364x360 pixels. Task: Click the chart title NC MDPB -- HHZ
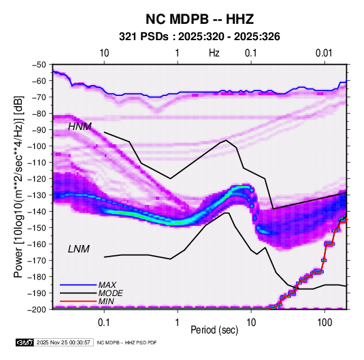tap(199, 19)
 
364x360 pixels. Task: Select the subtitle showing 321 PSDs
tap(199, 37)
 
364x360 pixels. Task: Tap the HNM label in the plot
tap(80, 127)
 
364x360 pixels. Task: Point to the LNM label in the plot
tap(78, 249)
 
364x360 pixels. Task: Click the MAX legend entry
tap(107, 285)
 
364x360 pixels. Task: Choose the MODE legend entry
tap(110, 293)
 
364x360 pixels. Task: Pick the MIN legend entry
tap(106, 301)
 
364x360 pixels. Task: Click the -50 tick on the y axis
tap(39, 65)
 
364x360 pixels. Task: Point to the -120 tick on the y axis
tap(37, 179)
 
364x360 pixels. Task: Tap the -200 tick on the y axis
tap(37, 310)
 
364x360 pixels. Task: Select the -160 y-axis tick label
tap(37, 244)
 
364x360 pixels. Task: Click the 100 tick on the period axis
tap(325, 323)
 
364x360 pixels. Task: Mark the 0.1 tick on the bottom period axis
tap(104, 323)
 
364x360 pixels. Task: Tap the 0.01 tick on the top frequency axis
tap(324, 53)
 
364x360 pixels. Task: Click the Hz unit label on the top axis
tap(214, 53)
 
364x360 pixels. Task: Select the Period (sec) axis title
tap(214, 330)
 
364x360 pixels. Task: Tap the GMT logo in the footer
tap(24, 342)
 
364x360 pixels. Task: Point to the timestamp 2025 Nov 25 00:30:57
tap(63, 342)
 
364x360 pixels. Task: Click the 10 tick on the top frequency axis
tap(104, 53)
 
